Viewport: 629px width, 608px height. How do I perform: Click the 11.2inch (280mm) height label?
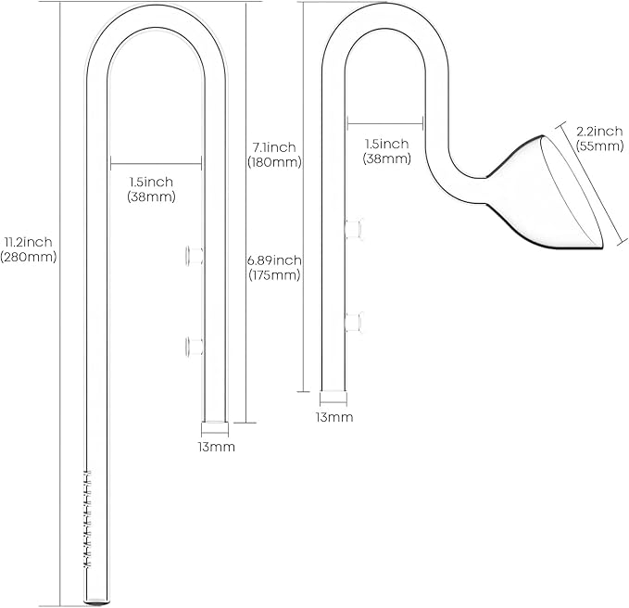pyautogui.click(x=28, y=249)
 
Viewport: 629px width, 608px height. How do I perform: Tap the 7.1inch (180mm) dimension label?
pyautogui.click(x=274, y=155)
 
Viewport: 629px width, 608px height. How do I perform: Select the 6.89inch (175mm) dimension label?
pyautogui.click(x=274, y=267)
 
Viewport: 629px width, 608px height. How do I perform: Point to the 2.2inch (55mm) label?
pyautogui.click(x=599, y=138)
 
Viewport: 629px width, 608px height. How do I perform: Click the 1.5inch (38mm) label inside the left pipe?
pyautogui.click(x=151, y=189)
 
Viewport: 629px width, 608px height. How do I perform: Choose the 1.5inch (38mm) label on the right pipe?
pyautogui.click(x=386, y=151)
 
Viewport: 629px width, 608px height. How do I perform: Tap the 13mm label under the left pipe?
pyautogui.click(x=216, y=447)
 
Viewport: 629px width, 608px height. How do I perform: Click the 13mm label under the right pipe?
pyautogui.click(x=334, y=417)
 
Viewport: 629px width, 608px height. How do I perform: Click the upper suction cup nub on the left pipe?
pyautogui.click(x=195, y=256)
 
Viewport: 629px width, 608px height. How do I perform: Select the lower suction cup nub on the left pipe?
pyautogui.click(x=195, y=347)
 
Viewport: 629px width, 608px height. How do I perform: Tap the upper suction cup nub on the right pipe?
pyautogui.click(x=354, y=229)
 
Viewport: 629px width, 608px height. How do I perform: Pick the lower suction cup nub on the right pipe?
pyautogui.click(x=354, y=322)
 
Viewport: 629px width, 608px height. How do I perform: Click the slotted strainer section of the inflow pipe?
pyautogui.click(x=87, y=518)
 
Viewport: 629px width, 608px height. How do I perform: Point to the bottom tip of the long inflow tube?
pyautogui.click(x=96, y=602)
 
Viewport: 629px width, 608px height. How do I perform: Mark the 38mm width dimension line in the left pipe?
pyautogui.click(x=156, y=164)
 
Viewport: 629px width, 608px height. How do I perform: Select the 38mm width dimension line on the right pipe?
pyautogui.click(x=385, y=123)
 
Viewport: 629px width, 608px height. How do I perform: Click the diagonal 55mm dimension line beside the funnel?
pyautogui.click(x=592, y=183)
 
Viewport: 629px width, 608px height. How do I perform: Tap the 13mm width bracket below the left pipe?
pyautogui.click(x=215, y=428)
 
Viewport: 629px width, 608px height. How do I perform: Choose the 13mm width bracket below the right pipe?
pyautogui.click(x=333, y=399)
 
